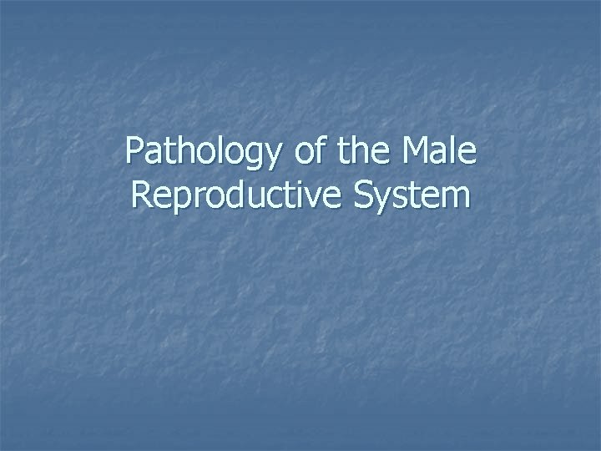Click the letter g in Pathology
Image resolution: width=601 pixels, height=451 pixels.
point(235,157)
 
